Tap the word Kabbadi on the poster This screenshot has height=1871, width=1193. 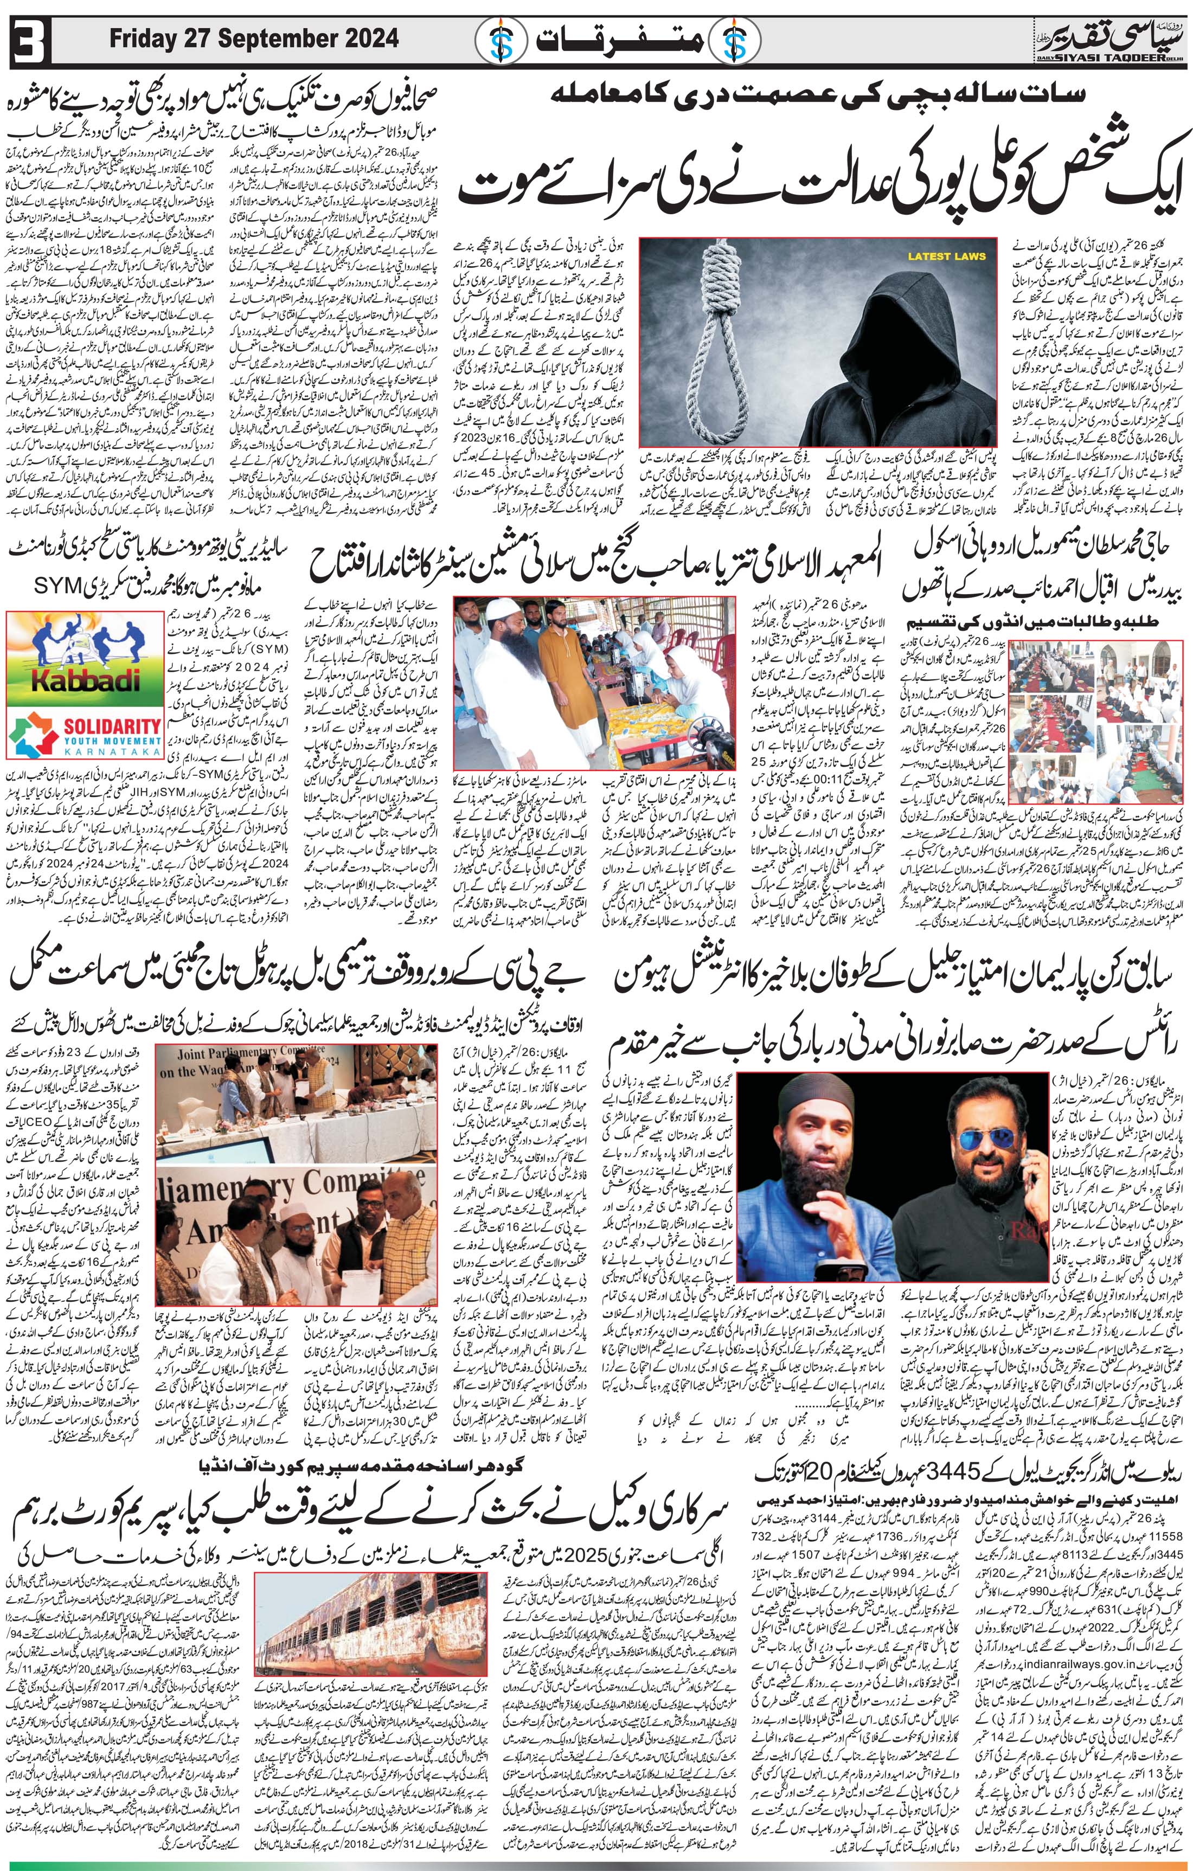click(86, 680)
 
